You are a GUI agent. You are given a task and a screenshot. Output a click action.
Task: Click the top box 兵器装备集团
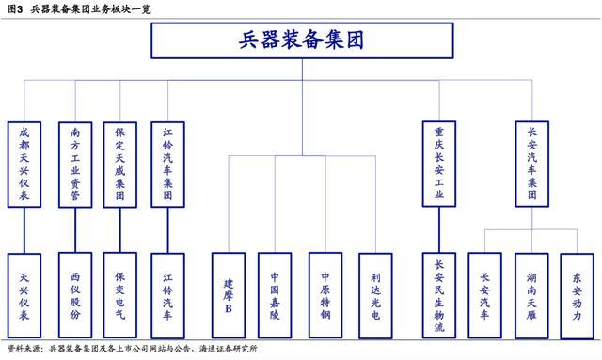(301, 40)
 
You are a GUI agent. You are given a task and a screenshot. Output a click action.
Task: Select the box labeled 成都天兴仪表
(24, 164)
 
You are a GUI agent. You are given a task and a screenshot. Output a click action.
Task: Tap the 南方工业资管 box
(74, 164)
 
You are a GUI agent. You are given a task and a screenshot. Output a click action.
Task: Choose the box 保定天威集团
(120, 164)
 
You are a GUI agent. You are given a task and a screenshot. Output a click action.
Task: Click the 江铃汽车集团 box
(167, 164)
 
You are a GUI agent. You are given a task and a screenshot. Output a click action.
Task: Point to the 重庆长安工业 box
(438, 164)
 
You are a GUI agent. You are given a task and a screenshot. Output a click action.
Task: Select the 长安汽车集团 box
(532, 164)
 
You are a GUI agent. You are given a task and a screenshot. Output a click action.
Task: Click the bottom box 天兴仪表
(24, 294)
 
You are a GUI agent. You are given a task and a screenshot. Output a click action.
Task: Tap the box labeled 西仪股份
(74, 294)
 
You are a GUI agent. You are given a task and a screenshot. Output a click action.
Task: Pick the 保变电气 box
(120, 294)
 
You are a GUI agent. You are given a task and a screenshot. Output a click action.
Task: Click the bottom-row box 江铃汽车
(167, 294)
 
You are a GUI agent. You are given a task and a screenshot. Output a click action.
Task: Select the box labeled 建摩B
(229, 294)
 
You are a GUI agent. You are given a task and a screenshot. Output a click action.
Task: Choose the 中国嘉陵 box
(277, 294)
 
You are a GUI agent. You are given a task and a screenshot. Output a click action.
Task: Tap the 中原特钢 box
(325, 294)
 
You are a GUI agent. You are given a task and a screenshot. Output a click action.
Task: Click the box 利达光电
(375, 294)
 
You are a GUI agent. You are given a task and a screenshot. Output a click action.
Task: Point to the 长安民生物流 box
(438, 294)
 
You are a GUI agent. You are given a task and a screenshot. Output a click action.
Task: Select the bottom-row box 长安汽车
(484, 294)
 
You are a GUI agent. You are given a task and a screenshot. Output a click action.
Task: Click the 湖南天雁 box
(532, 294)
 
